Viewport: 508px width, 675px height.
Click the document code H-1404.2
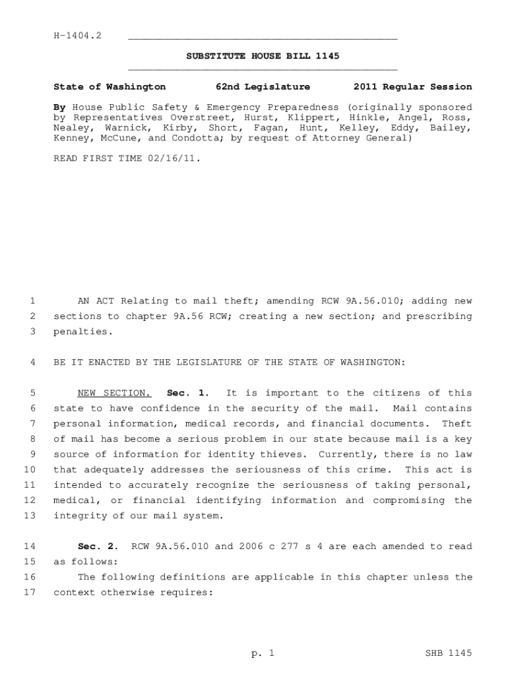77,35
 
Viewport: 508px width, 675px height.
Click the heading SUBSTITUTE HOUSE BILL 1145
263,56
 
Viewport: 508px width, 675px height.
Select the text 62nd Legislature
263,86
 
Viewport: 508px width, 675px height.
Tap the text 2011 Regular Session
412,86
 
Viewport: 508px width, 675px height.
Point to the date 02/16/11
173,159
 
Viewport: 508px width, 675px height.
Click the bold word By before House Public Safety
59,107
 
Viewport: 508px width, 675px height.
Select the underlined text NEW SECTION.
114,393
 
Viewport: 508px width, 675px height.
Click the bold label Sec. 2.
98,546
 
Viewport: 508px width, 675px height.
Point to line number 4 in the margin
32,363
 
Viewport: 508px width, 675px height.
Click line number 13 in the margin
29,515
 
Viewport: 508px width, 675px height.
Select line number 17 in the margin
29,592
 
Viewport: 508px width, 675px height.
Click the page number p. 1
262,653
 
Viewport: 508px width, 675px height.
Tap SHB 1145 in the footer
449,653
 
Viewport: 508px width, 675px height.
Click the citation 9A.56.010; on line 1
371,301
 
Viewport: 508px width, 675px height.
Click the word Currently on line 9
345,454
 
